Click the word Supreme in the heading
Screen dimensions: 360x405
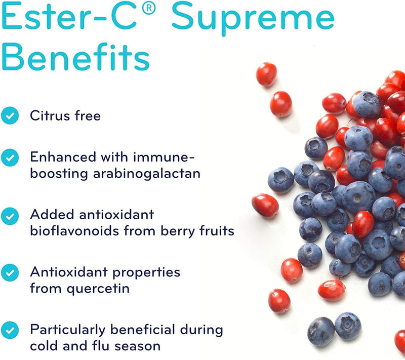coord(253,19)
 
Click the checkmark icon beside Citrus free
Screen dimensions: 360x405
coord(9,116)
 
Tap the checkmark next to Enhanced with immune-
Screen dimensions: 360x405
coord(9,158)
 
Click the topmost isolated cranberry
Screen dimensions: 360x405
coord(266,74)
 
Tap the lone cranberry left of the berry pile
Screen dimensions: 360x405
coord(265,206)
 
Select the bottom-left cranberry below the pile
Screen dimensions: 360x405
coord(279,301)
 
